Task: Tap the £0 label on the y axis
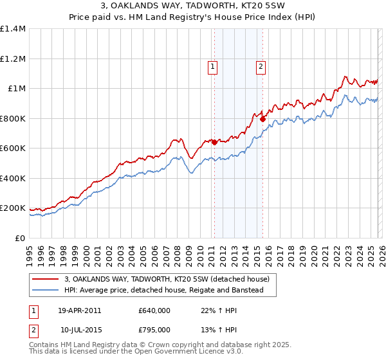tap(19, 238)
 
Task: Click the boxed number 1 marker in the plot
tap(212, 65)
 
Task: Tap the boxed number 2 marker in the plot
tap(261, 65)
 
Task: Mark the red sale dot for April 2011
tap(214, 143)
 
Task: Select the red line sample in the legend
tap(46, 279)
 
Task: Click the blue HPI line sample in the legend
tap(46, 291)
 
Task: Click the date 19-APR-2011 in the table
tap(80, 310)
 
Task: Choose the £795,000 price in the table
tap(154, 330)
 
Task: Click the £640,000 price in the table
tap(154, 310)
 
